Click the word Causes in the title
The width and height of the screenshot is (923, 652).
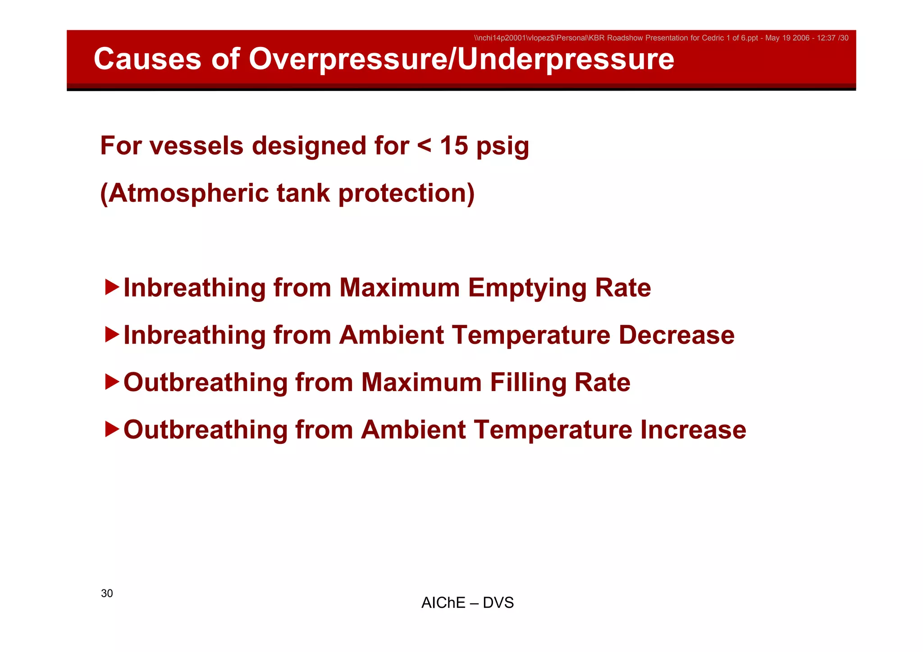pos(147,59)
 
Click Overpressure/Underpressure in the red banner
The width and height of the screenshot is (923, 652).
pos(461,59)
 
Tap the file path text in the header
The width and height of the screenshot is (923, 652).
pos(661,38)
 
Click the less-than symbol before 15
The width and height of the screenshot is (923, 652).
pos(424,146)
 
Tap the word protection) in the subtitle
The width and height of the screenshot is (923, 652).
pos(406,193)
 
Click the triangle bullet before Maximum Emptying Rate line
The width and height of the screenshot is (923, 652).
pos(112,287)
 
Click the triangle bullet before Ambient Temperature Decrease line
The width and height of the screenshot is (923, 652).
pos(112,334)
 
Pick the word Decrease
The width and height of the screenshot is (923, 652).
pos(676,335)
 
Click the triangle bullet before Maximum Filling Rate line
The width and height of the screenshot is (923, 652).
pos(112,382)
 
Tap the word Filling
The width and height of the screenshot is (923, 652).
pos(528,383)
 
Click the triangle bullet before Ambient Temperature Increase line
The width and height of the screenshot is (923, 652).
pos(112,429)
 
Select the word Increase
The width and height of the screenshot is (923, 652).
pos(693,429)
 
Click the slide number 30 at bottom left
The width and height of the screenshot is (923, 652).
pos(107,593)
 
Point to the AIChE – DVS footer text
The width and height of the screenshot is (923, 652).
pos(467,603)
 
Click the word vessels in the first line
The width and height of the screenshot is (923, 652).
pos(196,146)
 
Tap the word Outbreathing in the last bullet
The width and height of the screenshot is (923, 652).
pos(206,429)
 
